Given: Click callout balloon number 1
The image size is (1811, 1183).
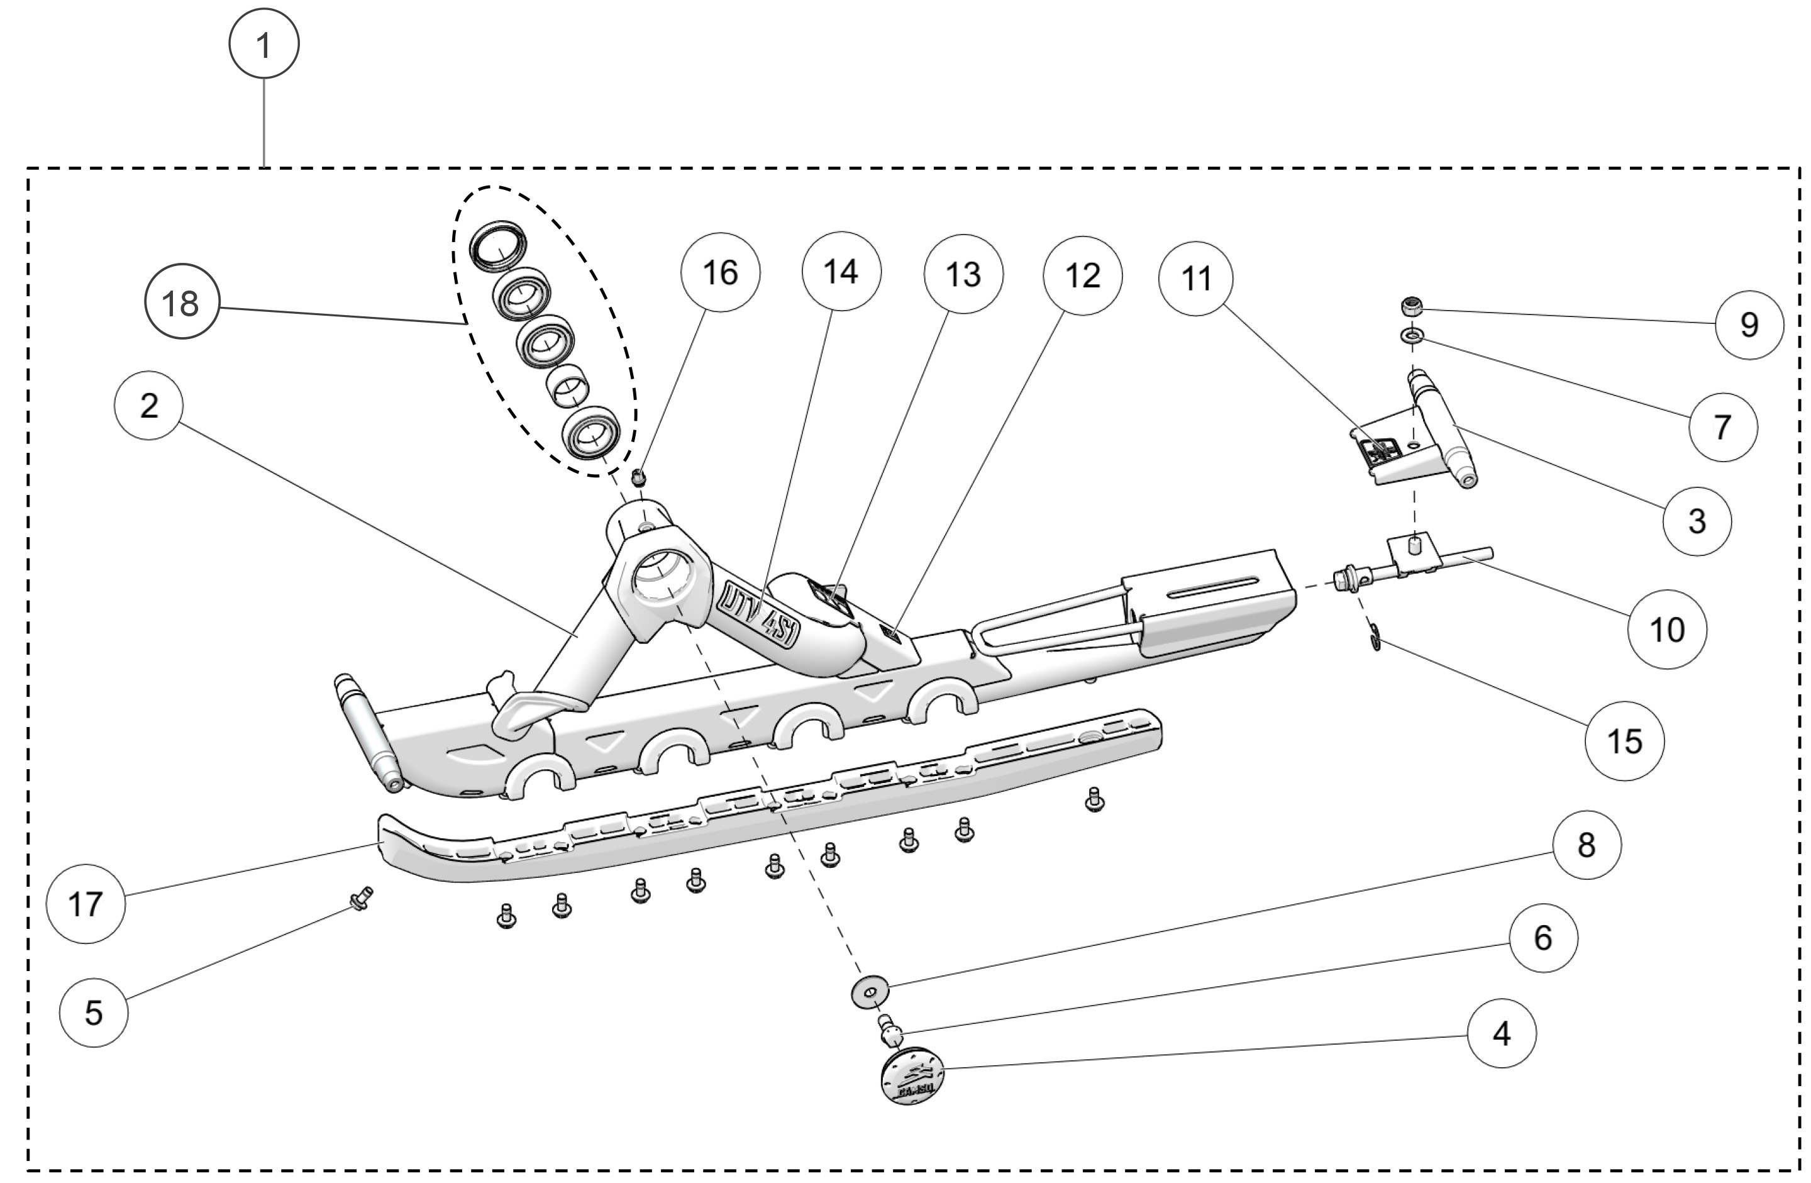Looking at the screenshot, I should pos(264,43).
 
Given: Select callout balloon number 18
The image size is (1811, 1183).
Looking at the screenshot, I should pos(182,303).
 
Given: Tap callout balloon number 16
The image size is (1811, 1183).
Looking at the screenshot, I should pos(720,272).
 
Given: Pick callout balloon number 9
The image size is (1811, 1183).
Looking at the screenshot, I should pos(1749,325).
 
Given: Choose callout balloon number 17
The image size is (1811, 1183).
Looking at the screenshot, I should pos(86,904).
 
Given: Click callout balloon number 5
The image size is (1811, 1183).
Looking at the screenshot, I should pos(94,1013).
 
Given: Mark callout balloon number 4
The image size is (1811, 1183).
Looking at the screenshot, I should pos(1501,1033).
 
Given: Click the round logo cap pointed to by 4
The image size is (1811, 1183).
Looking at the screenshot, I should pos(912,1077).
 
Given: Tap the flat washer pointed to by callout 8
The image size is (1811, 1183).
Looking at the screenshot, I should pos(870,991).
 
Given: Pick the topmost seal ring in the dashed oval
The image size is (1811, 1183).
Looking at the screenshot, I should pos(497,247).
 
